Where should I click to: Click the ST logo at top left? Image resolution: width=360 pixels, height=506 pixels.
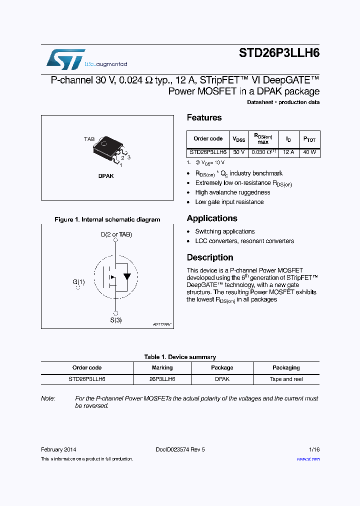65,59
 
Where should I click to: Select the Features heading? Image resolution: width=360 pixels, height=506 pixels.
204,118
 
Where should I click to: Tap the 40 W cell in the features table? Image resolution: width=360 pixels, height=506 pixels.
309,152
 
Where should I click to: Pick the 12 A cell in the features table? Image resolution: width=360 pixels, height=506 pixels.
288,152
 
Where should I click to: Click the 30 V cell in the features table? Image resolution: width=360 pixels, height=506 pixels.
239,152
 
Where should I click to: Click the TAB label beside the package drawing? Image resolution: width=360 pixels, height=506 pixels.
89,139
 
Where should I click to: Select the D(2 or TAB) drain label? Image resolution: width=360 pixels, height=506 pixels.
116,234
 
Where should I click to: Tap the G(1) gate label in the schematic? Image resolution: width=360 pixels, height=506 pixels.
78,282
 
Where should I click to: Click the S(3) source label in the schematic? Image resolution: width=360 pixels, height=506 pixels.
115,320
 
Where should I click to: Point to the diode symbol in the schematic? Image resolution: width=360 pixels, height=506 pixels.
127,276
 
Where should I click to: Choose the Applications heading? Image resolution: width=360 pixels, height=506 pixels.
212,218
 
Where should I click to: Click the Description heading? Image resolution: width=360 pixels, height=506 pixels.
210,257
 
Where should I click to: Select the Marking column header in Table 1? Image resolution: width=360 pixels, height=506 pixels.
162,367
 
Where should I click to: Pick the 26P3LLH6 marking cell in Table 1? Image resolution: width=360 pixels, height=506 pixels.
162,379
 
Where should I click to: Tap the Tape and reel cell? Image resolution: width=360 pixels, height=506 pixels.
286,379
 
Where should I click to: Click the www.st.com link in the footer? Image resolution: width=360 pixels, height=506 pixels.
308,458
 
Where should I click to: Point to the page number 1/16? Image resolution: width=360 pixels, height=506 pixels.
313,449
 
